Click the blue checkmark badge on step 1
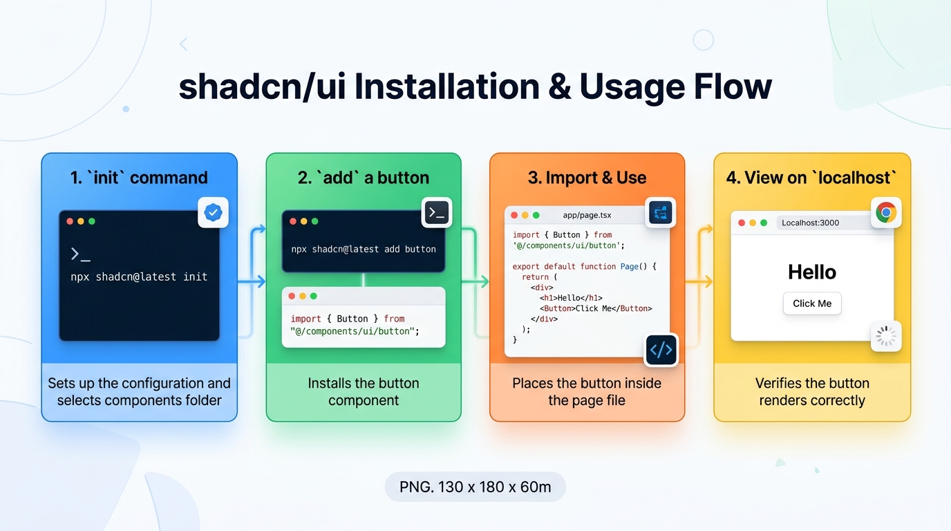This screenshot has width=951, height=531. point(213,212)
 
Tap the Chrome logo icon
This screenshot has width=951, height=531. point(886,212)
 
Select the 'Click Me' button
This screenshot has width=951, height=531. point(812,304)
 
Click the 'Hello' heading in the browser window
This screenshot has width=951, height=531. point(812,272)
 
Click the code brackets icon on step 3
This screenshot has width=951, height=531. point(661,350)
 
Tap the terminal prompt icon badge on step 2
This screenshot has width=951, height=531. point(436,212)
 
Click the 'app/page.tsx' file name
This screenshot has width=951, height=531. point(587,215)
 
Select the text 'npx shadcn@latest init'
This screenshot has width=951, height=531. point(139,277)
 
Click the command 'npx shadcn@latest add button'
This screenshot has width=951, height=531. point(364,249)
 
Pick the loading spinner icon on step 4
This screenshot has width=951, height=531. point(886,336)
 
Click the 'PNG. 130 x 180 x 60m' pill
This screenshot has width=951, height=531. point(475,487)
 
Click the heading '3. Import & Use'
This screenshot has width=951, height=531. point(587,178)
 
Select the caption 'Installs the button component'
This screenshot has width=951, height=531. point(364,391)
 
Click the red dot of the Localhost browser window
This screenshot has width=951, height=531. point(742,223)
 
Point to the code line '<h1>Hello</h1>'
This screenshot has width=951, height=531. point(571,298)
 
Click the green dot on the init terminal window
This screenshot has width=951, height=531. point(92,221)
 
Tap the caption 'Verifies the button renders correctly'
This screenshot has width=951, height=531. point(812,391)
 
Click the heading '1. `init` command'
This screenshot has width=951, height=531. point(139,178)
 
